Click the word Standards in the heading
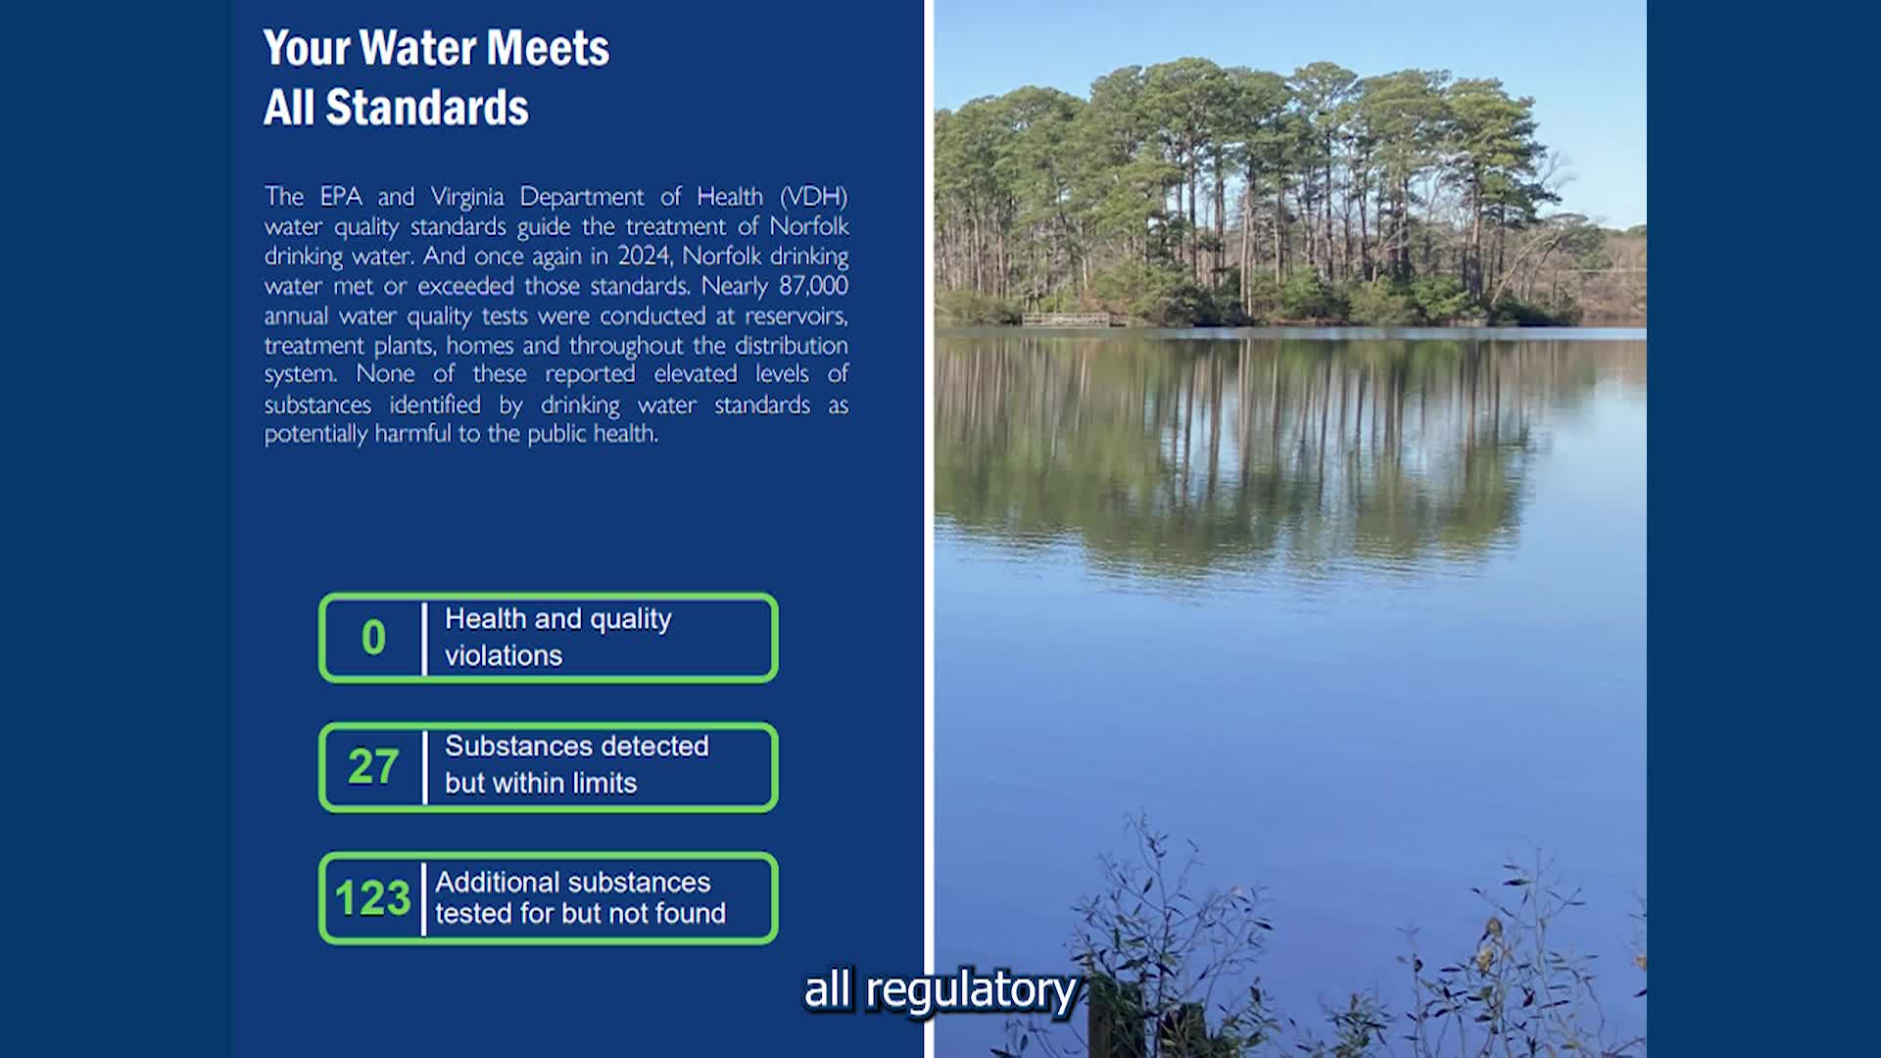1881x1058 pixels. [x=426, y=107]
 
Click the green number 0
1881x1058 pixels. [x=373, y=638]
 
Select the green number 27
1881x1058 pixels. [x=373, y=767]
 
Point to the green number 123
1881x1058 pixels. [x=372, y=897]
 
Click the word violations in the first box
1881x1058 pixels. [x=504, y=655]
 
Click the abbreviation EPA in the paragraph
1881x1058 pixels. [x=341, y=196]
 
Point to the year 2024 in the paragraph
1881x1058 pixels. [x=644, y=256]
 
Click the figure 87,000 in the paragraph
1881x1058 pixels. [x=813, y=285]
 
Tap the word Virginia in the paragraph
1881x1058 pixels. [x=467, y=197]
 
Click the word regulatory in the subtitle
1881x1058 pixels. [x=971, y=990]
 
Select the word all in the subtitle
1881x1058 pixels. [x=828, y=988]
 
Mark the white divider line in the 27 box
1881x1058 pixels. [x=424, y=767]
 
